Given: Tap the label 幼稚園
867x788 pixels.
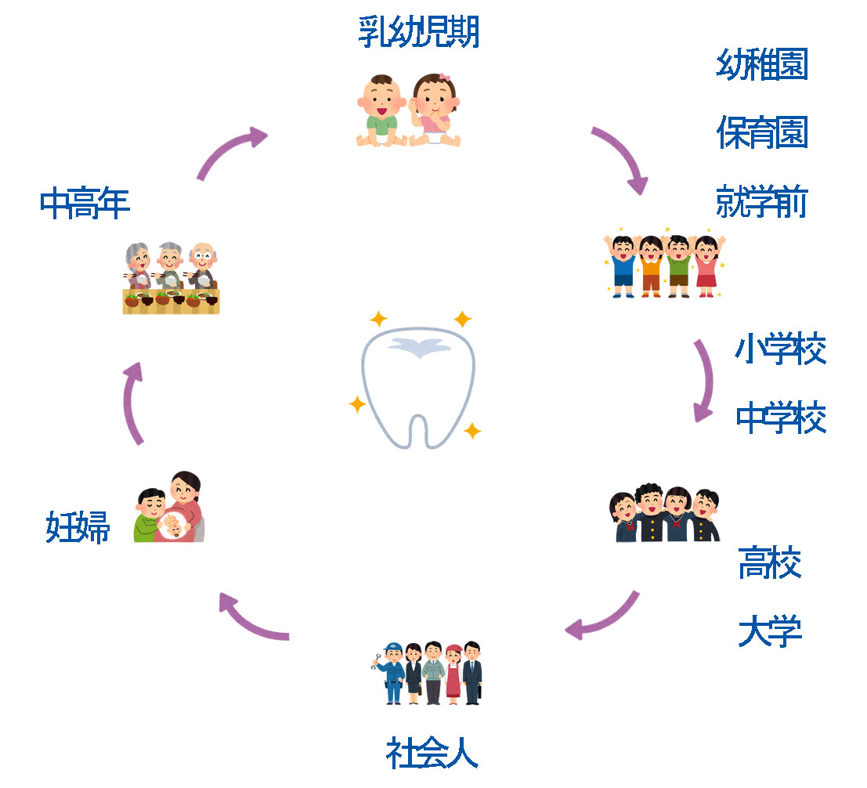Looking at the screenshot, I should (761, 64).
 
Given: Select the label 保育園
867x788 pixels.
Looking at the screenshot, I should (761, 133).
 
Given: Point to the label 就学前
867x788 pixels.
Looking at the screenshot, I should (761, 202).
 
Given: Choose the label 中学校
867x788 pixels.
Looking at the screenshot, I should (780, 417).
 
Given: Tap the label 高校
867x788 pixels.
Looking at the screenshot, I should (769, 562).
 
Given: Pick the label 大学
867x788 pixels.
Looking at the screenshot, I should (769, 631).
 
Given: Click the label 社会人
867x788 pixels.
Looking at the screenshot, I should (432, 754).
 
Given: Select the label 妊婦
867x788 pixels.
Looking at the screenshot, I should (78, 527).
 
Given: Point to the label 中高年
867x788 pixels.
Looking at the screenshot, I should (85, 204).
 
